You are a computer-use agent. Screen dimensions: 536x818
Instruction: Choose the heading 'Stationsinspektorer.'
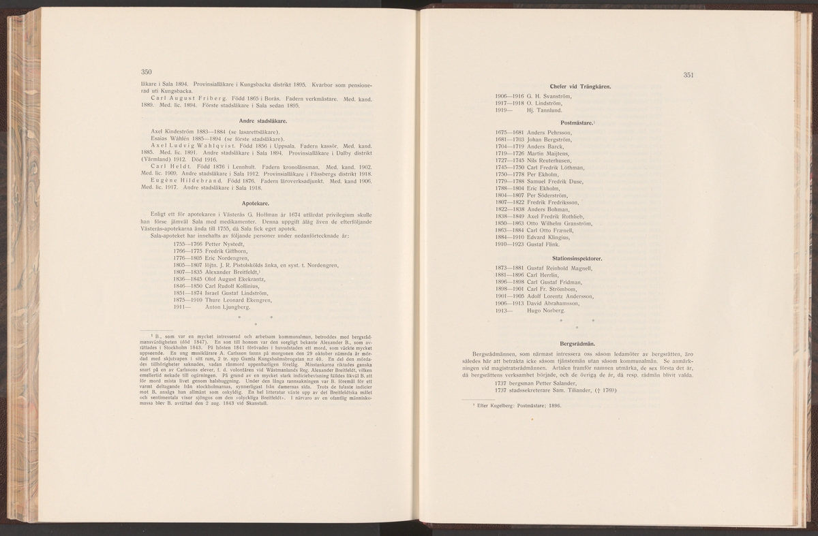pyautogui.click(x=577, y=259)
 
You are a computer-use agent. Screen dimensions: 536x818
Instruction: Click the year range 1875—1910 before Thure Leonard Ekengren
pyautogui.click(x=188, y=300)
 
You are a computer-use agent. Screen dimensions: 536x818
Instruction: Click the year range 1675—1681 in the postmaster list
pyautogui.click(x=509, y=131)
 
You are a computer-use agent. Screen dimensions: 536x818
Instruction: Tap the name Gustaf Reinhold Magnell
pyautogui.click(x=563, y=268)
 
